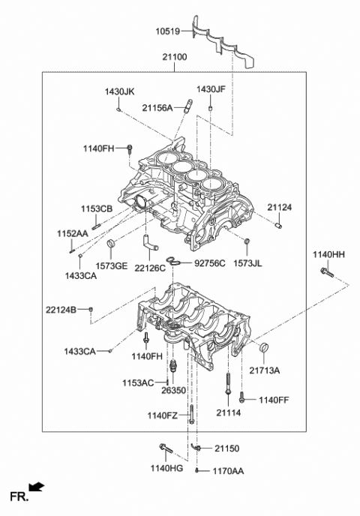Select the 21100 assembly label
click(174, 57)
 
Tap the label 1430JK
click(119, 91)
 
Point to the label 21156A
click(157, 107)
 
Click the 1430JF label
click(211, 89)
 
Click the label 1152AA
click(72, 234)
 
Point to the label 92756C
click(209, 263)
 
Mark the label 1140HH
click(328, 256)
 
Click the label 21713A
click(264, 370)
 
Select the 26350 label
click(172, 391)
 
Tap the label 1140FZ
click(163, 415)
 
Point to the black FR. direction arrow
click(36, 487)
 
